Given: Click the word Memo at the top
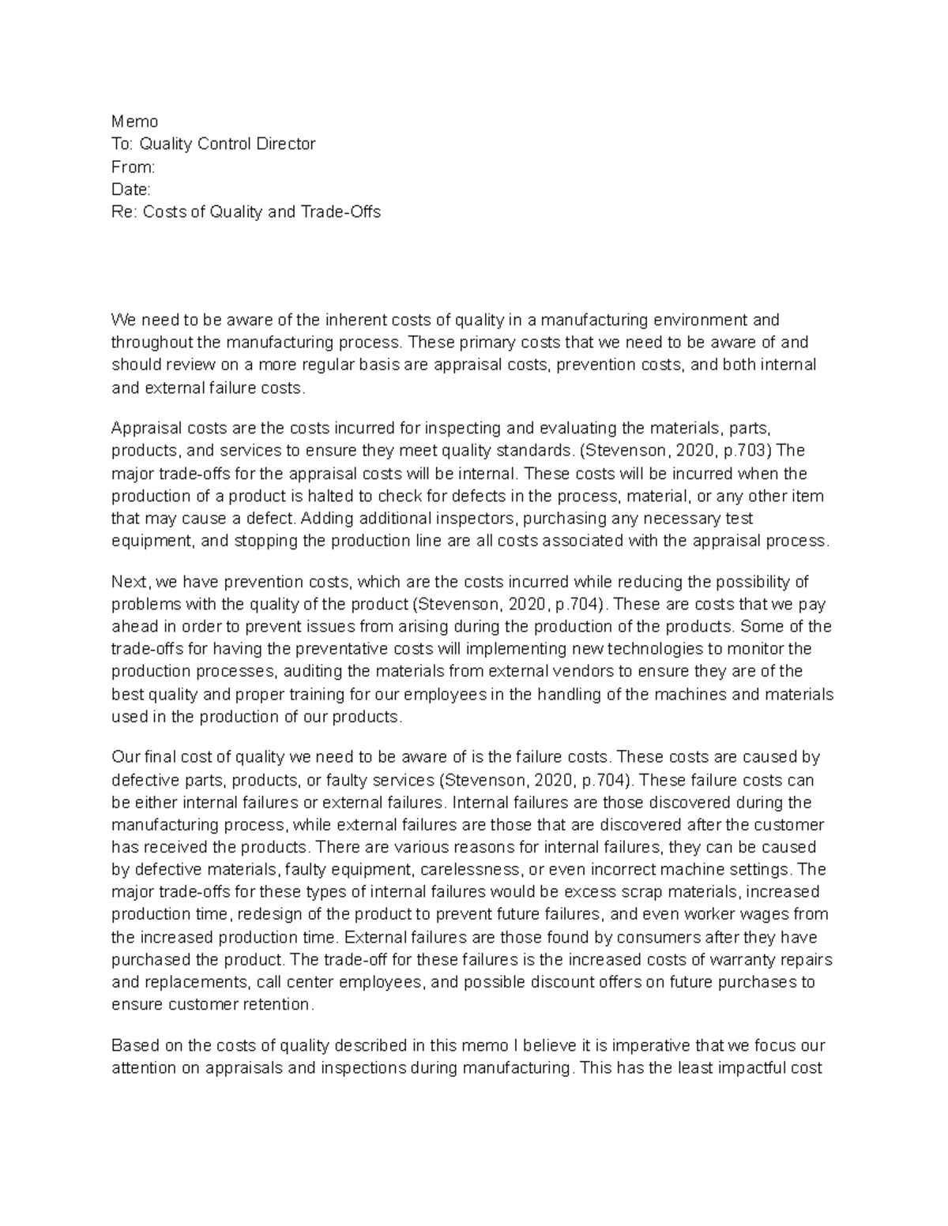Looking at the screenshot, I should (134, 122).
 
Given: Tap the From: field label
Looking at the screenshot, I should (133, 167).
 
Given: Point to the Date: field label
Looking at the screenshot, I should (130, 189).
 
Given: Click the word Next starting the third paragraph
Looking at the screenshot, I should (130, 582).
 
